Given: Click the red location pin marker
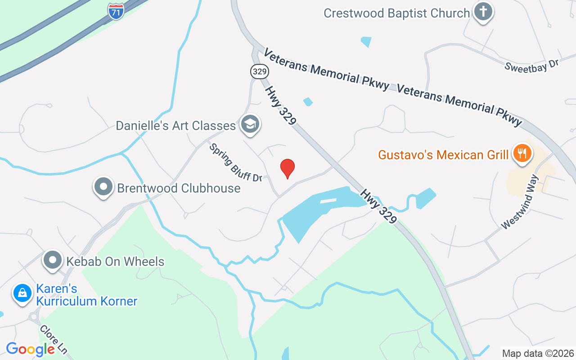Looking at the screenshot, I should point(288,169).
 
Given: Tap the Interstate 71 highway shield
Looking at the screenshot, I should point(116,11).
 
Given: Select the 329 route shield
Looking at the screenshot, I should point(259,71).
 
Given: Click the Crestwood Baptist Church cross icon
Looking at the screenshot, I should point(483,12).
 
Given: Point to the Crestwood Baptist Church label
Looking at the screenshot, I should point(396,13).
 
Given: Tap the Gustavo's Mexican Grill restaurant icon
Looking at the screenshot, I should point(522,153).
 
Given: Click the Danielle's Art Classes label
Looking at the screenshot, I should point(176,126).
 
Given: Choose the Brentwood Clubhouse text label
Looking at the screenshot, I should point(179,188).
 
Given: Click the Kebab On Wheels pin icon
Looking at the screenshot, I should point(53,260).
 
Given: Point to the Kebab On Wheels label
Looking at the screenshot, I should point(115,261).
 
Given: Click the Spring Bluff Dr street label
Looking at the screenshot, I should point(235,162).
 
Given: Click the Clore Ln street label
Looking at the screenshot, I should point(53,339).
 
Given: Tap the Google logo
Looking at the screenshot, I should point(30,349).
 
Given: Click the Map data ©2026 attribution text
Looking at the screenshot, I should point(538,353).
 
